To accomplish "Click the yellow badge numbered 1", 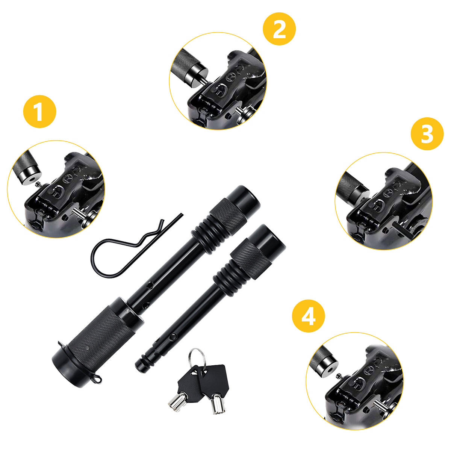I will pos(39,112).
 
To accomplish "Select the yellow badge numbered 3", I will pos(427,134).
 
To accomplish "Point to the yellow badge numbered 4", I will pos(309,316).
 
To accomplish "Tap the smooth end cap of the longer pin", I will pos(244,198).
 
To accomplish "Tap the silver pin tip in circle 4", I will pos(378,405).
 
